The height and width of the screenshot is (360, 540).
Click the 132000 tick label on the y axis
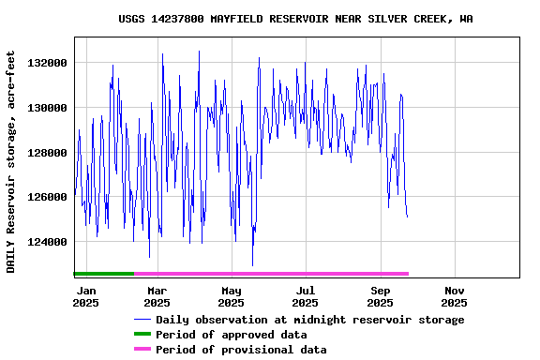pyautogui.click(x=48, y=63)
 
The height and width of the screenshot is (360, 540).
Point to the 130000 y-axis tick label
pyautogui.click(x=48, y=108)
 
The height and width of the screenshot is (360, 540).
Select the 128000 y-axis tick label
pyautogui.click(x=48, y=153)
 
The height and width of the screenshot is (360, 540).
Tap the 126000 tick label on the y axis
pyautogui.click(x=48, y=198)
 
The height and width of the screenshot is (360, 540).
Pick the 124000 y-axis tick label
pyautogui.click(x=48, y=243)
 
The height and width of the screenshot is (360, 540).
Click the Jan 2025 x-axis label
pyautogui.click(x=85, y=296)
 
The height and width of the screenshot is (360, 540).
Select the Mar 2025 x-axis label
pyautogui.click(x=157, y=296)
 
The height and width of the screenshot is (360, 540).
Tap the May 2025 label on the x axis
pyautogui.click(x=231, y=296)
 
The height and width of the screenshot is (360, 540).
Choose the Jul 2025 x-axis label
pyautogui.click(x=305, y=296)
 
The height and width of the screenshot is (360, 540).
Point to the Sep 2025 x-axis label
pyautogui.click(x=380, y=296)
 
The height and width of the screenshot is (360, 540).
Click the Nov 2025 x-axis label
pyautogui.click(x=454, y=296)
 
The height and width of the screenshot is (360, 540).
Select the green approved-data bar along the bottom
pyautogui.click(x=103, y=274)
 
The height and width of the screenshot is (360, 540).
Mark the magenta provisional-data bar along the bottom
pyautogui.click(x=271, y=274)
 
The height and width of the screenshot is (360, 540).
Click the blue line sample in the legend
pyautogui.click(x=142, y=320)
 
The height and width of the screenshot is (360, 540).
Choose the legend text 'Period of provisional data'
pyautogui.click(x=241, y=350)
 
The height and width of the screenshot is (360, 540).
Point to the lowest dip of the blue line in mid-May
pyautogui.click(x=252, y=264)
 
